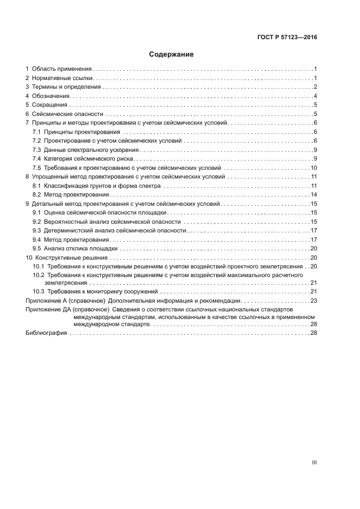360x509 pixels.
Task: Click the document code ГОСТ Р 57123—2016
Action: point(286,38)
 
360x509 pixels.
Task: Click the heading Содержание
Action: point(172,54)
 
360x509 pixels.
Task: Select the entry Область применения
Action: point(62,69)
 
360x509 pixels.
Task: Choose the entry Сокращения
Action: point(50,105)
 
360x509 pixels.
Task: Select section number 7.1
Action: point(37,132)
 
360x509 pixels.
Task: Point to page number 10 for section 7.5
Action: point(314,168)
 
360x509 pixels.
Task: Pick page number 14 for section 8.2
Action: point(314,194)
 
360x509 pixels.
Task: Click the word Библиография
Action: point(46,333)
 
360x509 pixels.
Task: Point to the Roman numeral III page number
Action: point(314,462)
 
